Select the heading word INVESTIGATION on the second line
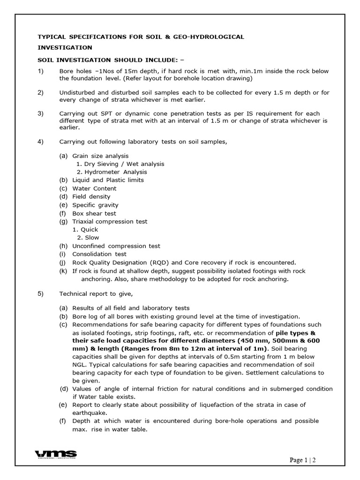[65, 47]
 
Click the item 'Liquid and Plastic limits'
[108, 180]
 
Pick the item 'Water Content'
[94, 188]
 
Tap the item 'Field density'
[91, 196]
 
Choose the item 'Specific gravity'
[95, 205]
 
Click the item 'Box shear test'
[94, 213]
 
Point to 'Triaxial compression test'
[110, 221]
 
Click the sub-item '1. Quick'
[86, 230]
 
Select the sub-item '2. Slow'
[88, 238]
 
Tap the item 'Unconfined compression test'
[116, 246]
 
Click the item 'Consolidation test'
[99, 254]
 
